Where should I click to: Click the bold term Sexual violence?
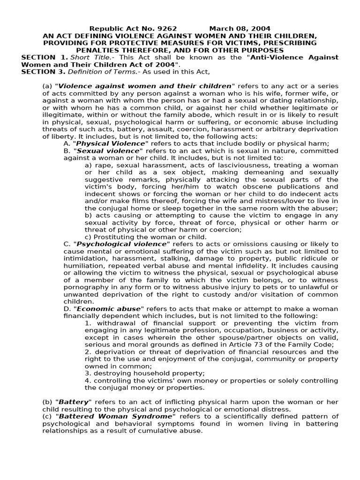tap(108, 150)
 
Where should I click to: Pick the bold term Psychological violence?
tap(121, 244)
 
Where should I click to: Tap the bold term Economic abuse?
tap(108, 308)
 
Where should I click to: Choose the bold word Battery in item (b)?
tap(73, 402)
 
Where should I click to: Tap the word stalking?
tap(167, 258)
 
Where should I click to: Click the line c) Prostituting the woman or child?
tap(145, 237)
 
